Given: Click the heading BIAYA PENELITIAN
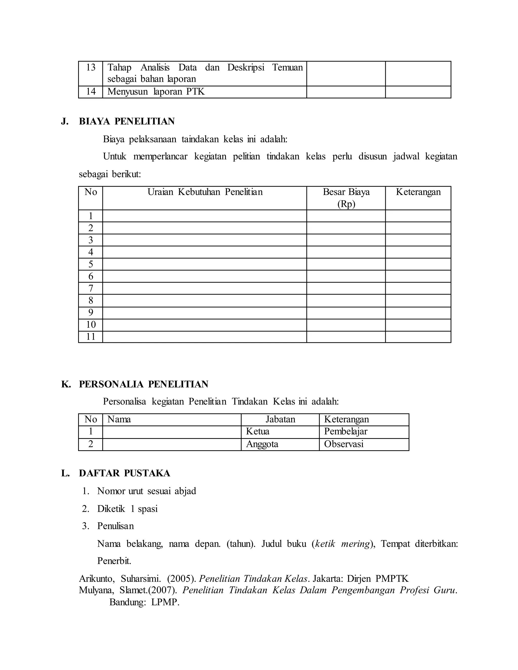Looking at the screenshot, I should pos(127,121).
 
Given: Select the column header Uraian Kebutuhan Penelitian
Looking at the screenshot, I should pos(205,192).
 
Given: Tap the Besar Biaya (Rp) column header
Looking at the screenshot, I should pos(346,198).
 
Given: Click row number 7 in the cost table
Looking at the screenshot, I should pos(91,288).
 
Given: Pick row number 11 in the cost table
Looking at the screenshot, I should pos(91,337).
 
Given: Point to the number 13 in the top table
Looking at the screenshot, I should pos(91,68).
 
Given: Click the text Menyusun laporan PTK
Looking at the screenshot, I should pos(156,92).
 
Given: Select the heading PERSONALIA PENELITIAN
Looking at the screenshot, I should pos(144,384).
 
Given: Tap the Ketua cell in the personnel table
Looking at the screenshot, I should pos(258,432).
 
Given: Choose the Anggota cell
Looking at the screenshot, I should pos(262,444).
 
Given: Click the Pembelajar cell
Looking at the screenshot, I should pos(346,432).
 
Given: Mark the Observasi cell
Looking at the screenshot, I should pos(344,444).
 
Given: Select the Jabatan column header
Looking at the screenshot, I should pos(280,419).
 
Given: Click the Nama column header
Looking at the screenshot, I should pos(119,419).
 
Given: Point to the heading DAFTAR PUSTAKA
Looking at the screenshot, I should pos(125,473).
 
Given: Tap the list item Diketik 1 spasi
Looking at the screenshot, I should pos(127,509).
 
